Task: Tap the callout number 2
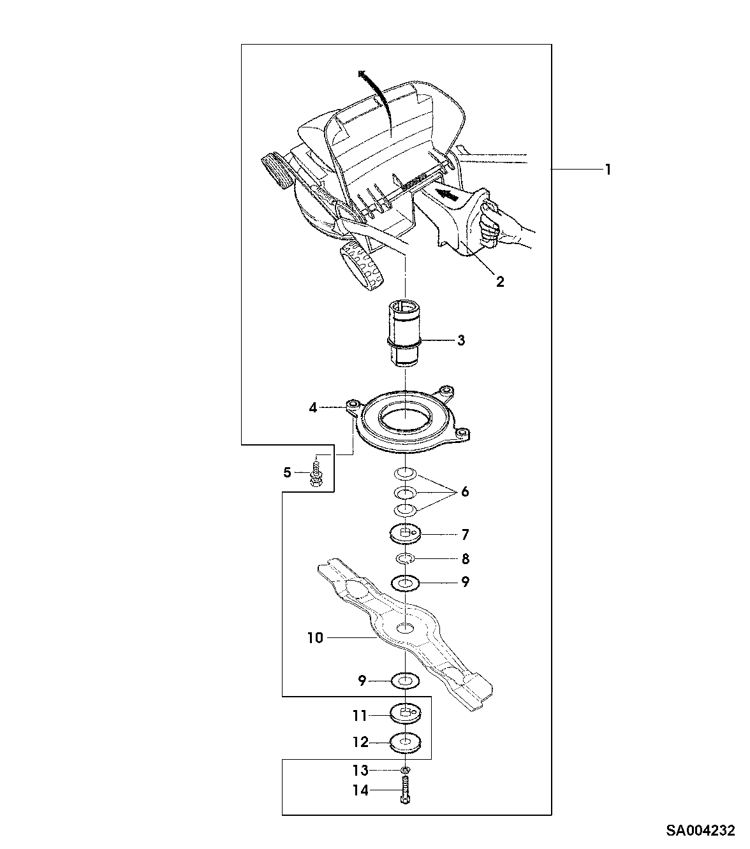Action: (x=500, y=281)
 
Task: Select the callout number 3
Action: (x=460, y=340)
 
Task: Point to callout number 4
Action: (x=312, y=407)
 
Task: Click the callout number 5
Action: (x=287, y=472)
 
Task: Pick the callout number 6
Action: (x=464, y=491)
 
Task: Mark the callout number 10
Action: (x=316, y=637)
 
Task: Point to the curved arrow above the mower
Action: (x=377, y=92)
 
